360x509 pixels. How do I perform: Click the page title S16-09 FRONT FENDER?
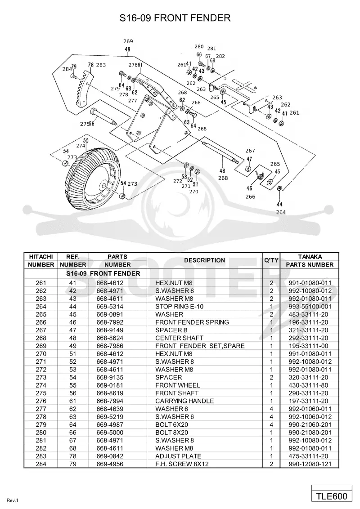tap(175, 18)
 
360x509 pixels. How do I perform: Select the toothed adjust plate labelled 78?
tap(84, 89)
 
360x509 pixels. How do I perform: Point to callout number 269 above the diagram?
tap(128, 41)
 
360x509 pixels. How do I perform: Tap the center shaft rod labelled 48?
tap(220, 152)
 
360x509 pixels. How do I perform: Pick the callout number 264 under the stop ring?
tap(281, 212)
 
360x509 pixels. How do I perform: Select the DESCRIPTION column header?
tap(204, 260)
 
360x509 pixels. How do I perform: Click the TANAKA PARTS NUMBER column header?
tap(310, 261)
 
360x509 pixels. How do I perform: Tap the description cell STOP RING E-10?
tap(180, 307)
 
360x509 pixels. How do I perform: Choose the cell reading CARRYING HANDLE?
tap(184, 401)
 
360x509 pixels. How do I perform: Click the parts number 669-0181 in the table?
tap(110, 385)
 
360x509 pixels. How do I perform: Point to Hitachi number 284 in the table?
tap(41, 464)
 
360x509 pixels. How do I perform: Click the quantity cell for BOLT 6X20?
tap(271, 424)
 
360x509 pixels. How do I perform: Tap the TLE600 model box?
tap(332, 496)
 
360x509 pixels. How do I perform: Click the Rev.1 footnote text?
tap(12, 500)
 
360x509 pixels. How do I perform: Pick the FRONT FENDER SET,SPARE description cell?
tap(200, 346)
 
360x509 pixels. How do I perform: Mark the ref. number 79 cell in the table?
tap(73, 464)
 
